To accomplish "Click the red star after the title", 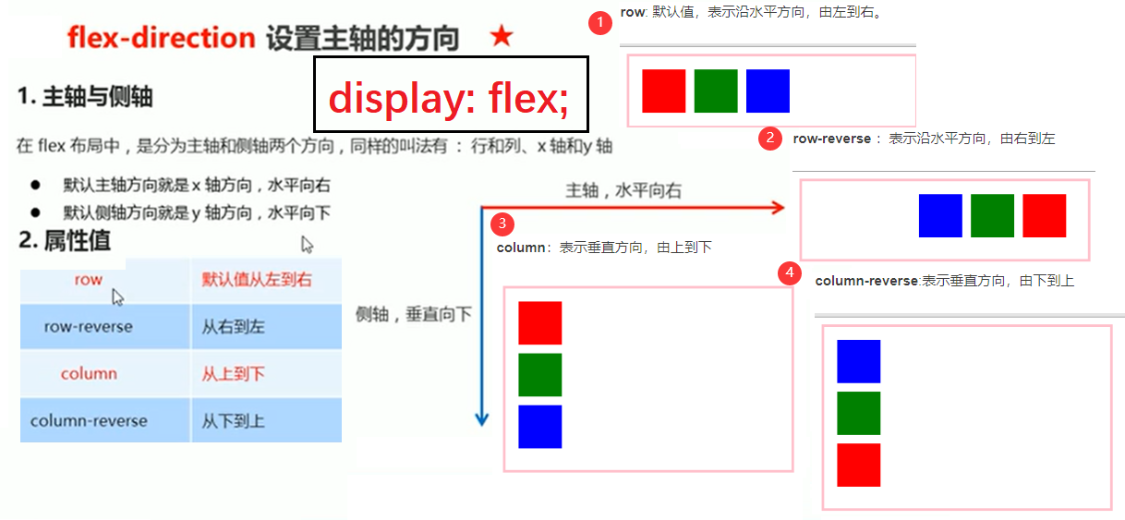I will pos(502,37).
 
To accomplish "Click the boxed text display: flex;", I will pos(450,96).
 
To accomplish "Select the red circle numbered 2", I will pos(770,139).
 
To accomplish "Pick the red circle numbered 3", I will pos(502,224).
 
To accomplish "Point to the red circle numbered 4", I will pos(789,273).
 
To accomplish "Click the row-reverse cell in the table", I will pos(88,327).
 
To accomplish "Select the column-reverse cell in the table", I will pos(89,421).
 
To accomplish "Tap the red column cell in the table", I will pos(89,374).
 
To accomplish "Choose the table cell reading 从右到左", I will pos(234,327).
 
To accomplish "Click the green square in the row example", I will pos(716,91).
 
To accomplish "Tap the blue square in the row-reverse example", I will pos(940,215).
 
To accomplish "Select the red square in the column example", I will pos(540,323).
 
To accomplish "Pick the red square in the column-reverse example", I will pos(858,465).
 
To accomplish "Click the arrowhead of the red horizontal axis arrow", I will pos(778,209).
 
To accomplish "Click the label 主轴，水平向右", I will pos(623,191).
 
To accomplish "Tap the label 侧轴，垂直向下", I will pos(413,314).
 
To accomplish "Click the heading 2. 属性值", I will pos(65,241).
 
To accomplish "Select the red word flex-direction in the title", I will pos(161,38).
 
